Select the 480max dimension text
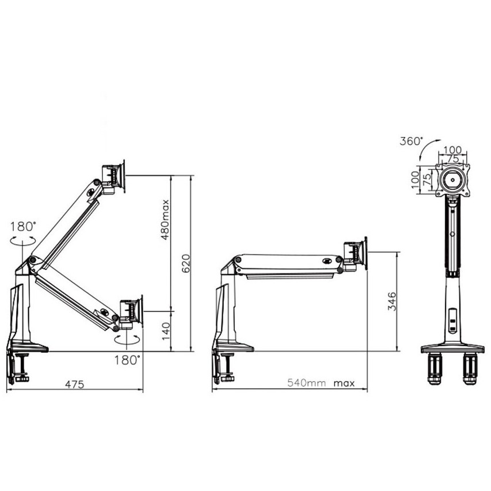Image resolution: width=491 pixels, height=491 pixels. (x=165, y=219)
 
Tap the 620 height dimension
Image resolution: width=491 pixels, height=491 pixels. (x=185, y=264)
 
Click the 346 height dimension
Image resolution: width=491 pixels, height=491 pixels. (x=391, y=302)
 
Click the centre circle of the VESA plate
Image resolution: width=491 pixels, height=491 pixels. (x=453, y=180)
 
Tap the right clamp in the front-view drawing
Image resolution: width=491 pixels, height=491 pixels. (x=471, y=367)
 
